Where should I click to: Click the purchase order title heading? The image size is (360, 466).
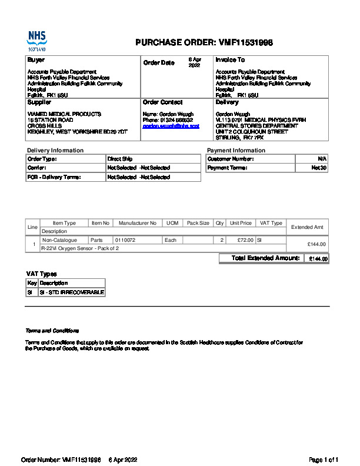point(204,42)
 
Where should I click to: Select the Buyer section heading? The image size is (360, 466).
point(36,60)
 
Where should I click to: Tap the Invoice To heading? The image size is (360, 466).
point(230,60)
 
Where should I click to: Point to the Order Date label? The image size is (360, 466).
point(159,63)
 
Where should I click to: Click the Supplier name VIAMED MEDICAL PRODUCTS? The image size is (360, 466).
point(65,114)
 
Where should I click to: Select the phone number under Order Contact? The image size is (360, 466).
point(168,120)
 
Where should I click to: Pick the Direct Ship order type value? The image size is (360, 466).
point(120,159)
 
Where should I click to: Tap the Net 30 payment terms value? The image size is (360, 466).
point(319,168)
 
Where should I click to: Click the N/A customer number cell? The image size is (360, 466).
point(322,159)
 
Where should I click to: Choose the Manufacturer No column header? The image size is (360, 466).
point(137,224)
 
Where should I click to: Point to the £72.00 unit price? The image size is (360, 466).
point(245,240)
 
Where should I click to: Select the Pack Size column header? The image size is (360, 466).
point(198,224)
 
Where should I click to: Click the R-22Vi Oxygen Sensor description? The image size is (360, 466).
point(79,249)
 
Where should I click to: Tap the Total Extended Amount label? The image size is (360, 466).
point(266,258)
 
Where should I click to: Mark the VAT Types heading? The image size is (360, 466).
point(41,274)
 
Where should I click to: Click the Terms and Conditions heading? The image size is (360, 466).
point(52,331)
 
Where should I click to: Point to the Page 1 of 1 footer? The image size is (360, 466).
point(324,460)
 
